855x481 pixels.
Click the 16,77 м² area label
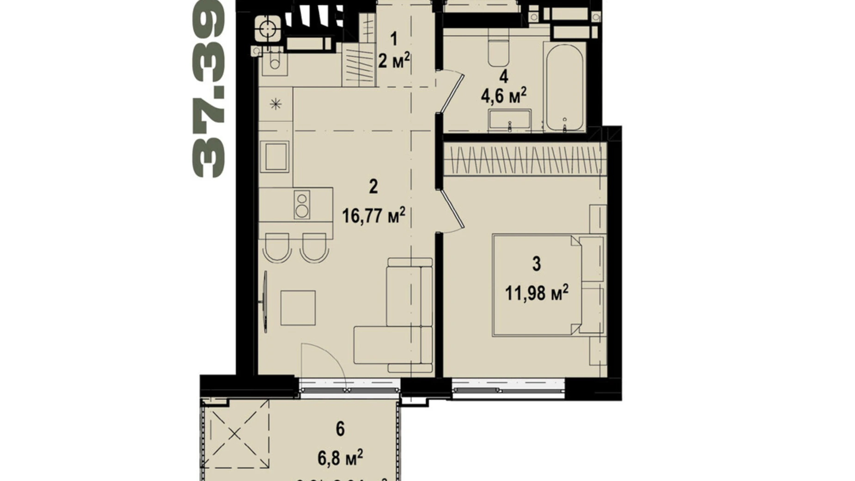[x=373, y=216]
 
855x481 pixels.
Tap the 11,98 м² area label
[x=536, y=293]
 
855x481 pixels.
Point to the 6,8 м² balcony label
[x=340, y=458]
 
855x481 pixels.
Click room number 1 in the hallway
[x=394, y=39]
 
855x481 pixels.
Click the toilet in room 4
[x=498, y=53]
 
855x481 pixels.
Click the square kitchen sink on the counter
[x=275, y=157]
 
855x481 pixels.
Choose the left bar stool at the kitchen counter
[x=276, y=247]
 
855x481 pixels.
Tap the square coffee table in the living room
[x=298, y=308]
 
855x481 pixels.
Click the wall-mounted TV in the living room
[x=265, y=302]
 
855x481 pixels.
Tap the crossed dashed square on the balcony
[x=236, y=434]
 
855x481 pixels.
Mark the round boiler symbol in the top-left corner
[x=267, y=30]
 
